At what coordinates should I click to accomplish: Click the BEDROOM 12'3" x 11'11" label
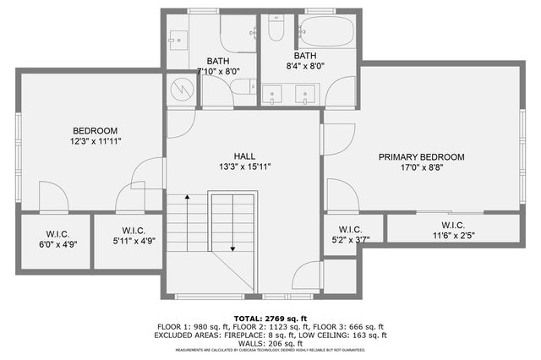point(94,136)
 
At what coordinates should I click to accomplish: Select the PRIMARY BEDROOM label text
point(421,157)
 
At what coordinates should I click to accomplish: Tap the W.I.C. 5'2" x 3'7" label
point(350,234)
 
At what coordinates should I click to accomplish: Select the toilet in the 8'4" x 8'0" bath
point(276,30)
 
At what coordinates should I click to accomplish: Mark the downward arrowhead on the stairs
point(232,249)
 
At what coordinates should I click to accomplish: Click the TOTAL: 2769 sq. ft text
point(270,317)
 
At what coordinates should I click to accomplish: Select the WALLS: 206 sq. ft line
point(270,343)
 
